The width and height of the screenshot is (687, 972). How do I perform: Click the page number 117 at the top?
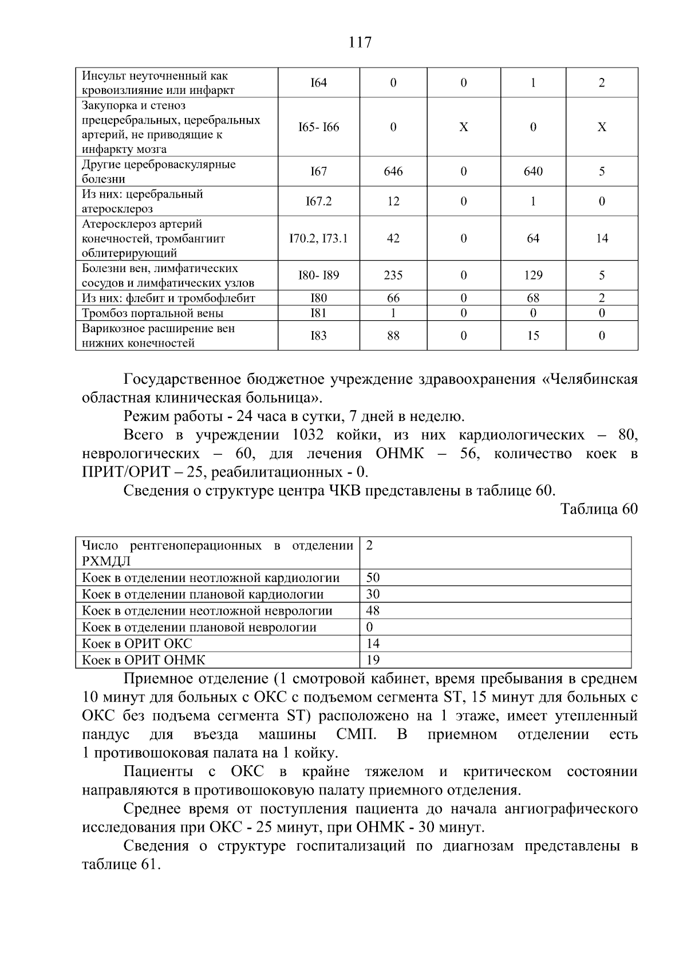click(x=360, y=42)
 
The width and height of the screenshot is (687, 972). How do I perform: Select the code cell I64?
click(x=318, y=83)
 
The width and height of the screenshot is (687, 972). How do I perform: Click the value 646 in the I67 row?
click(x=393, y=172)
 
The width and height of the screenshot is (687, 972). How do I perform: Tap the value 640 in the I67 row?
click(x=533, y=172)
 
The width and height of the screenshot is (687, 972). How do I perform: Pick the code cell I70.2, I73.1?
click(x=318, y=239)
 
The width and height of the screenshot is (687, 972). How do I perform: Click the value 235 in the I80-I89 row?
click(x=393, y=276)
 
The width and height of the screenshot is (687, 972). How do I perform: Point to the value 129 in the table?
click(x=533, y=276)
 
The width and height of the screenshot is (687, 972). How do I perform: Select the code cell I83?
click(x=318, y=336)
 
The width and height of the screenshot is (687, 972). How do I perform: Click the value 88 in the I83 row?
click(x=393, y=336)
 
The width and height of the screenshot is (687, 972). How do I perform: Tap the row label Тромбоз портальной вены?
click(x=152, y=313)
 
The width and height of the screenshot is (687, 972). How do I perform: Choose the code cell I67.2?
click(x=318, y=202)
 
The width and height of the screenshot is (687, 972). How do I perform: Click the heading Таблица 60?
click(x=599, y=509)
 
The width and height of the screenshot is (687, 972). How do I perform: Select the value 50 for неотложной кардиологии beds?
click(x=373, y=578)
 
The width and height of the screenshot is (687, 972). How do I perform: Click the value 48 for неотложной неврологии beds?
click(x=373, y=611)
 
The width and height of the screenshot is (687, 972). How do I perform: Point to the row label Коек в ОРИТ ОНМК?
click(x=143, y=660)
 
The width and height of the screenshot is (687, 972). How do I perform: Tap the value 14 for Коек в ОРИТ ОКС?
click(x=373, y=644)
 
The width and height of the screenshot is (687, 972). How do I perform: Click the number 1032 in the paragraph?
click(x=308, y=435)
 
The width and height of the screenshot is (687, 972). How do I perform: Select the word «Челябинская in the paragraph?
click(x=589, y=380)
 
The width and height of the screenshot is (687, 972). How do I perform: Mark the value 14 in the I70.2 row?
click(x=602, y=239)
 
